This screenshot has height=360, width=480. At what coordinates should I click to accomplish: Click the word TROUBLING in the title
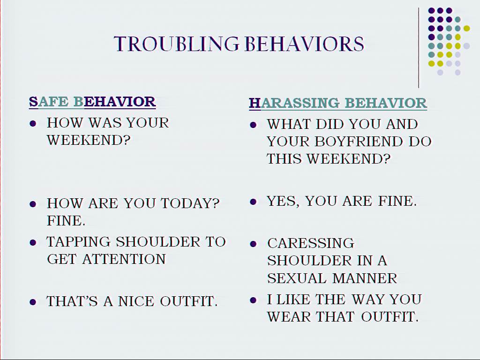click(177, 44)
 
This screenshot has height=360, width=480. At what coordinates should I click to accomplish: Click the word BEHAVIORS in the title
click(305, 44)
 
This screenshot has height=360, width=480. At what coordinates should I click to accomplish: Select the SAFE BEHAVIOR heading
click(92, 102)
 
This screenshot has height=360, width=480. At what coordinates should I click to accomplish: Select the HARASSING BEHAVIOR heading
click(338, 103)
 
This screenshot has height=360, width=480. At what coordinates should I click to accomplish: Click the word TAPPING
click(78, 242)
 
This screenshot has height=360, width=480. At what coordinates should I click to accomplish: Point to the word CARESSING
click(311, 243)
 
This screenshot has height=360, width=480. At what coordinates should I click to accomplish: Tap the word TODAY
click(187, 203)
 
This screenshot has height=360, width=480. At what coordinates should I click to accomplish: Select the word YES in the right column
click(283, 202)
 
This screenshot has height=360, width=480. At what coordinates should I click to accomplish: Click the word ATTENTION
click(124, 259)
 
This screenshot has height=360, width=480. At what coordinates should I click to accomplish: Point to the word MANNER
click(365, 278)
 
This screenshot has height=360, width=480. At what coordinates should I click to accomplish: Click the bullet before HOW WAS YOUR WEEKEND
click(33, 124)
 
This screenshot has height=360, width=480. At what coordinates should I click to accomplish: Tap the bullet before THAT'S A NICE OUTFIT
click(33, 302)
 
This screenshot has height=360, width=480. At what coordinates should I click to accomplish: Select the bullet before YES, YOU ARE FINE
click(253, 202)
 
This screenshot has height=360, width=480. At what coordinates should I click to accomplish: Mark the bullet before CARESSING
click(253, 244)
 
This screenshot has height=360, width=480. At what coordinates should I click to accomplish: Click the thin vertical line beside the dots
click(419, 48)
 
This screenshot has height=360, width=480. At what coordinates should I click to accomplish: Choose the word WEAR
click(289, 316)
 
